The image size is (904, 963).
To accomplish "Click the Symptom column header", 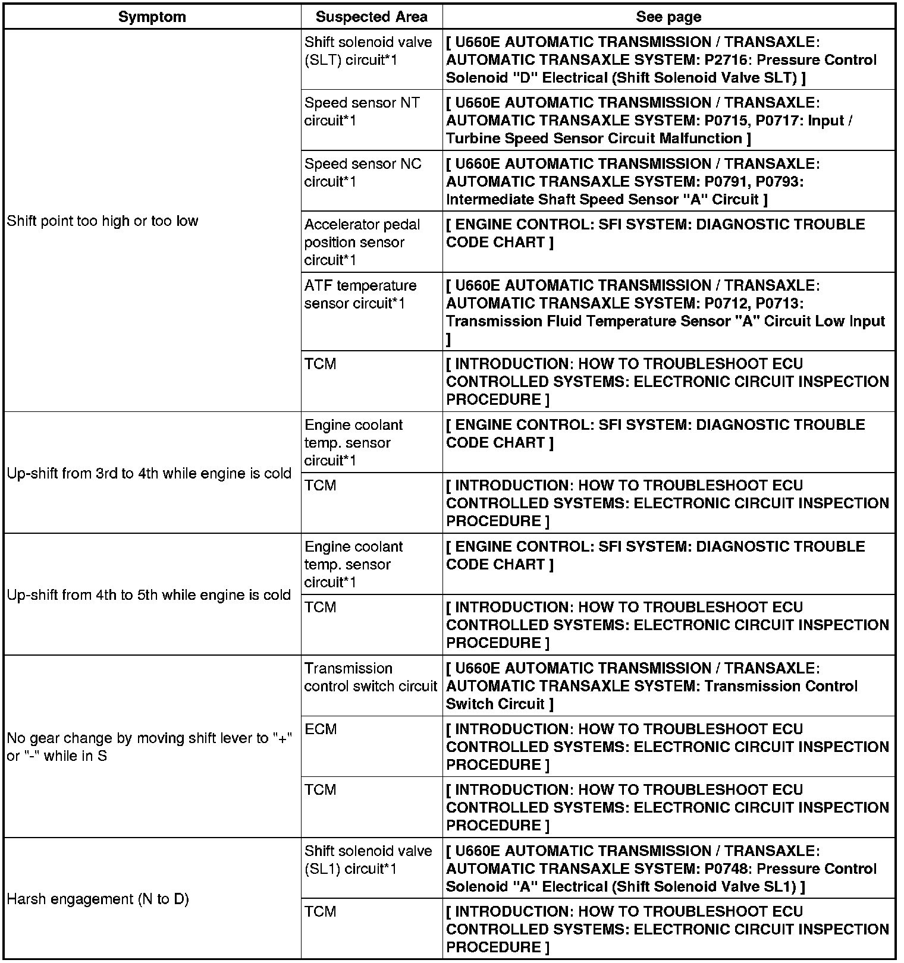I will coord(152,17).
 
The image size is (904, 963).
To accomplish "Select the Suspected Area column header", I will coord(371,17).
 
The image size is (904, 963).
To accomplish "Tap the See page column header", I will coord(668,17).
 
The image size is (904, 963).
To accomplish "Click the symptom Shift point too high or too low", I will coord(102,221).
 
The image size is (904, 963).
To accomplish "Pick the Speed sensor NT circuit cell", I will coord(362,112).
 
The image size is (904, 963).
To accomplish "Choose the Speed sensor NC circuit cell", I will coord(362,172).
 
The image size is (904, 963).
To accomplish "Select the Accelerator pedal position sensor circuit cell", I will coord(362,242).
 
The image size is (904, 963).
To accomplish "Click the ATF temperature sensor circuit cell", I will coord(360,294).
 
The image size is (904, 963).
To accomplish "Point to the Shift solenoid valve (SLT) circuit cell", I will coord(368,51).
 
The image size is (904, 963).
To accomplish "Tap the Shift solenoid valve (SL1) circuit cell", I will coord(368,860).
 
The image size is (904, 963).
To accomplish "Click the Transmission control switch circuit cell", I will coord(370,677).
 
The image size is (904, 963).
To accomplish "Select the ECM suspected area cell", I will coord(321,729).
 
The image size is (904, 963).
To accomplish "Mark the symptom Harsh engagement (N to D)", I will coord(98,899).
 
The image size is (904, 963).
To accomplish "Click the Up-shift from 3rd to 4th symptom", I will coord(149,474).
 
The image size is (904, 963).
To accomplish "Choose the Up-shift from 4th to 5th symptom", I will coord(149,596).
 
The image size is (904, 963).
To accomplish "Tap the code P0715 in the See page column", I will coord(728,121).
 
